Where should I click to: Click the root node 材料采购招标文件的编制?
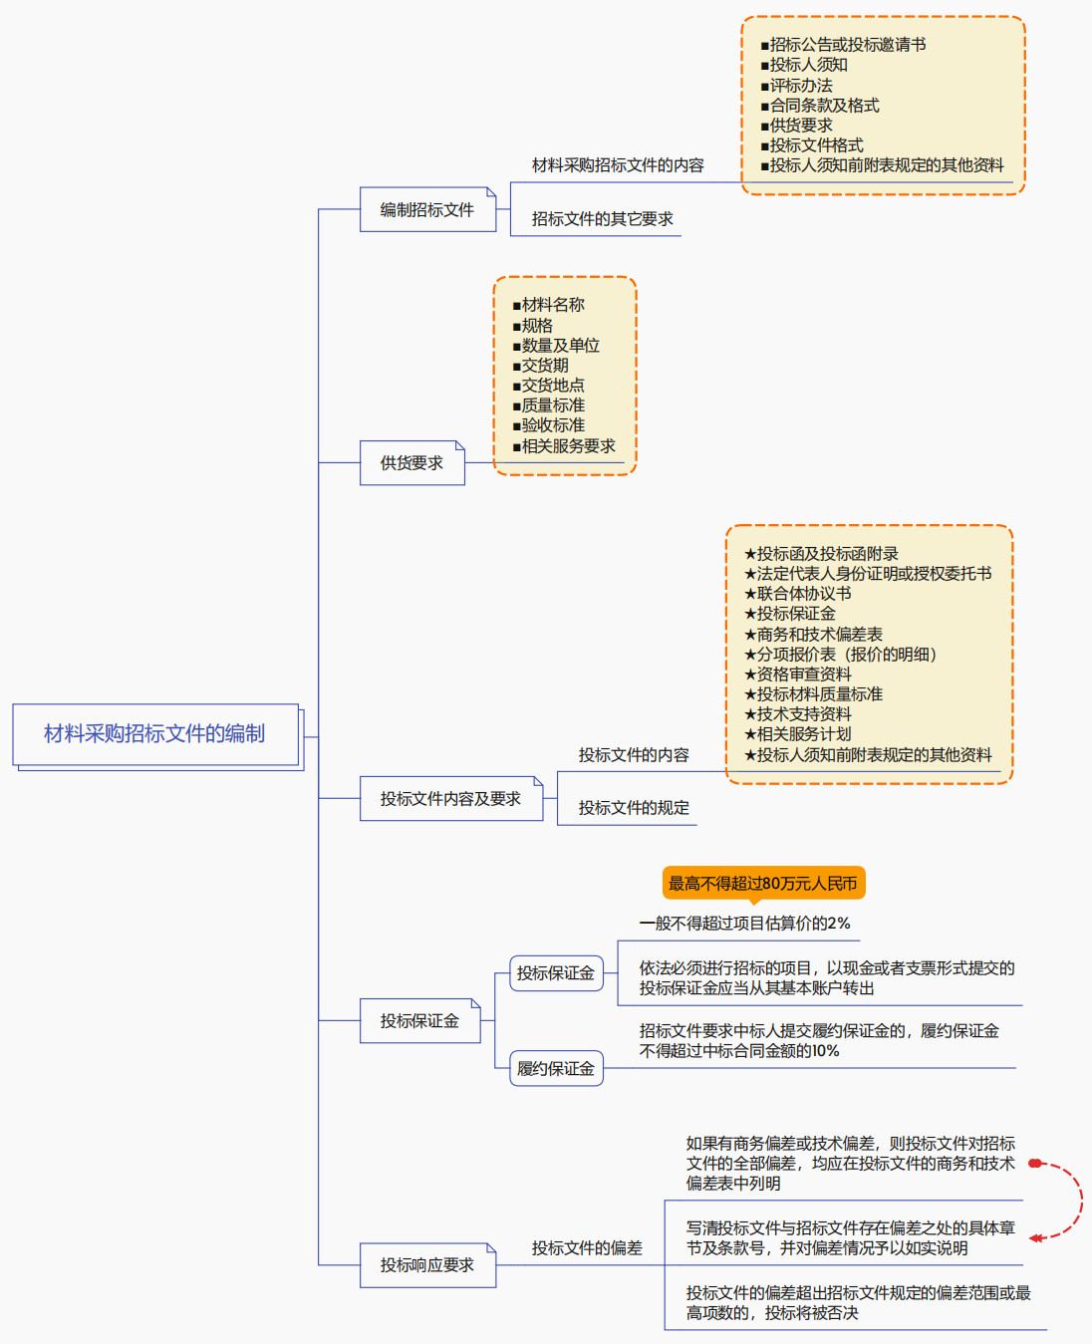coord(154,734)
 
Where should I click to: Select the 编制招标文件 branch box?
coord(427,210)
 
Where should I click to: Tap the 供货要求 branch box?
coord(411,463)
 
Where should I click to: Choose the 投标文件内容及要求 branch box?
coord(450,799)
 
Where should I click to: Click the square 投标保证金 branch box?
coord(419,1021)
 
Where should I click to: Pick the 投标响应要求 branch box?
coord(426,1265)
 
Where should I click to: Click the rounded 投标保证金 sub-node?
coord(556,973)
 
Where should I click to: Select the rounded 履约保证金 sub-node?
coord(556,1069)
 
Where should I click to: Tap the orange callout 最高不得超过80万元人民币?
coord(763,884)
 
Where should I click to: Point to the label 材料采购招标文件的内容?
coord(618,165)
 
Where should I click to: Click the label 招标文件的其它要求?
coord(602,219)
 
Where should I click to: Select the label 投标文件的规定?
coord(634,808)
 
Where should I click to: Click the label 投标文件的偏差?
coord(587,1248)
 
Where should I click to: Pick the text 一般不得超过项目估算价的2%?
coord(744,924)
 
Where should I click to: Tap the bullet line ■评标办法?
coord(797,86)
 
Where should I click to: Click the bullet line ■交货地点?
coord(549,386)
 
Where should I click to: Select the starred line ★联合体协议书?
coord(798,594)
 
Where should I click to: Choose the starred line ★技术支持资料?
coord(798,714)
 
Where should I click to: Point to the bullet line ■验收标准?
coord(549,425)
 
